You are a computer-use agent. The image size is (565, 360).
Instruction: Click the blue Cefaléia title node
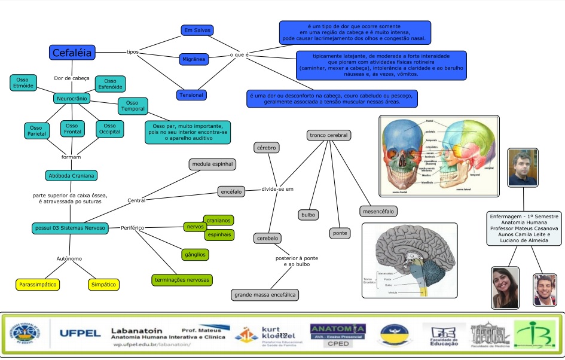tap(72, 53)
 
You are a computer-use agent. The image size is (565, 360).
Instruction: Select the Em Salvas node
tap(197, 30)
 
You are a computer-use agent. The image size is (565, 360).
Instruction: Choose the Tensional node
tap(191, 94)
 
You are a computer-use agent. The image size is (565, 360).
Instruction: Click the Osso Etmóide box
tap(23, 83)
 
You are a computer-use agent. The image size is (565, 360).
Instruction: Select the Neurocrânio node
tap(72, 97)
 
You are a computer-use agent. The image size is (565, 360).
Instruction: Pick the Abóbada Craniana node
tap(72, 175)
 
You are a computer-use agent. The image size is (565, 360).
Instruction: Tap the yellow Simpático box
tap(103, 285)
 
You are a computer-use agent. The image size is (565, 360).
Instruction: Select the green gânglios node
tap(195, 255)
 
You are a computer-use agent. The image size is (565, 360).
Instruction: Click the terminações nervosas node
tap(182, 279)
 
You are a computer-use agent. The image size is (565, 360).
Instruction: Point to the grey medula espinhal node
tap(213, 164)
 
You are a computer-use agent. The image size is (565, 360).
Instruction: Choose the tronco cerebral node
tap(328, 135)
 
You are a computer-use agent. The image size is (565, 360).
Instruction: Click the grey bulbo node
tap(309, 214)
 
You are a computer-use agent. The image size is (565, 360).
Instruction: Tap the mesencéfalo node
tap(379, 210)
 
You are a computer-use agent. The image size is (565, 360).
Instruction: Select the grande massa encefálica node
tap(265, 294)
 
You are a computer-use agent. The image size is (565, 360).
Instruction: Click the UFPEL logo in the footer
tap(80, 333)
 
